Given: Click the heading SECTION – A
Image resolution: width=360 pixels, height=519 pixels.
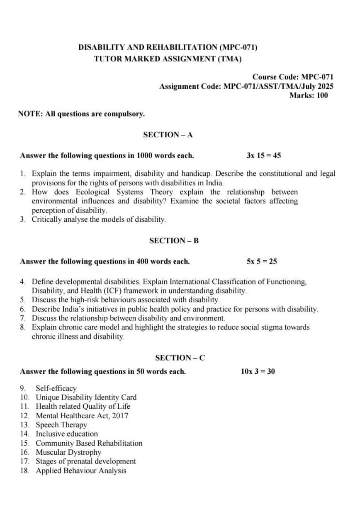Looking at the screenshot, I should (x=168, y=135).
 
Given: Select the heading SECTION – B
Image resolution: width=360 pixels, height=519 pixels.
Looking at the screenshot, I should (x=174, y=240).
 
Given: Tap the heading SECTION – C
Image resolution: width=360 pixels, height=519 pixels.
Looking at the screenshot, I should (x=180, y=358).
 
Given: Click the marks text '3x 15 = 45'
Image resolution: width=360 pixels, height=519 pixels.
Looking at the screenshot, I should (x=263, y=156).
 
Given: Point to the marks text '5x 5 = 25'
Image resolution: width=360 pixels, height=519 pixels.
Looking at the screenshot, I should (x=262, y=262).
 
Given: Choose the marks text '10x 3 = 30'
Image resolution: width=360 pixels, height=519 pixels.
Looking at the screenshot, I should (x=258, y=371).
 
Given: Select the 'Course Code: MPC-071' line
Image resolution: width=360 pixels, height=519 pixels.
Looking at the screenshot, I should (x=292, y=77).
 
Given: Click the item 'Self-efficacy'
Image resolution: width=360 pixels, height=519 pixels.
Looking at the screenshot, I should (x=56, y=388).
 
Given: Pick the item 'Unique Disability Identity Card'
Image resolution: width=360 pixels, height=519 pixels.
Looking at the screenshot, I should (x=86, y=398).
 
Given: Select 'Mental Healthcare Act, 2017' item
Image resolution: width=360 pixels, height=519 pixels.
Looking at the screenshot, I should (x=82, y=416).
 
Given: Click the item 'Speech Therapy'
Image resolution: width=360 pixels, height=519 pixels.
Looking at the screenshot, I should (x=61, y=425).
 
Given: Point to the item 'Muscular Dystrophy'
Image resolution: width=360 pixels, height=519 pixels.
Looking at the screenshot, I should (x=68, y=452).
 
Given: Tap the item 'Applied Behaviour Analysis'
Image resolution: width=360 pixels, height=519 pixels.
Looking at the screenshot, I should (x=81, y=470).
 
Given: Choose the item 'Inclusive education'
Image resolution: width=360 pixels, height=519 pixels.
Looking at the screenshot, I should (x=67, y=434).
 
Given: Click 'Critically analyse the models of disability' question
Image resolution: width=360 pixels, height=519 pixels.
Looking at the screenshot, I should (x=99, y=219).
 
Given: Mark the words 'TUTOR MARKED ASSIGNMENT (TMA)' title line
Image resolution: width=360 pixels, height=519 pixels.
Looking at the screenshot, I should (x=168, y=59).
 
